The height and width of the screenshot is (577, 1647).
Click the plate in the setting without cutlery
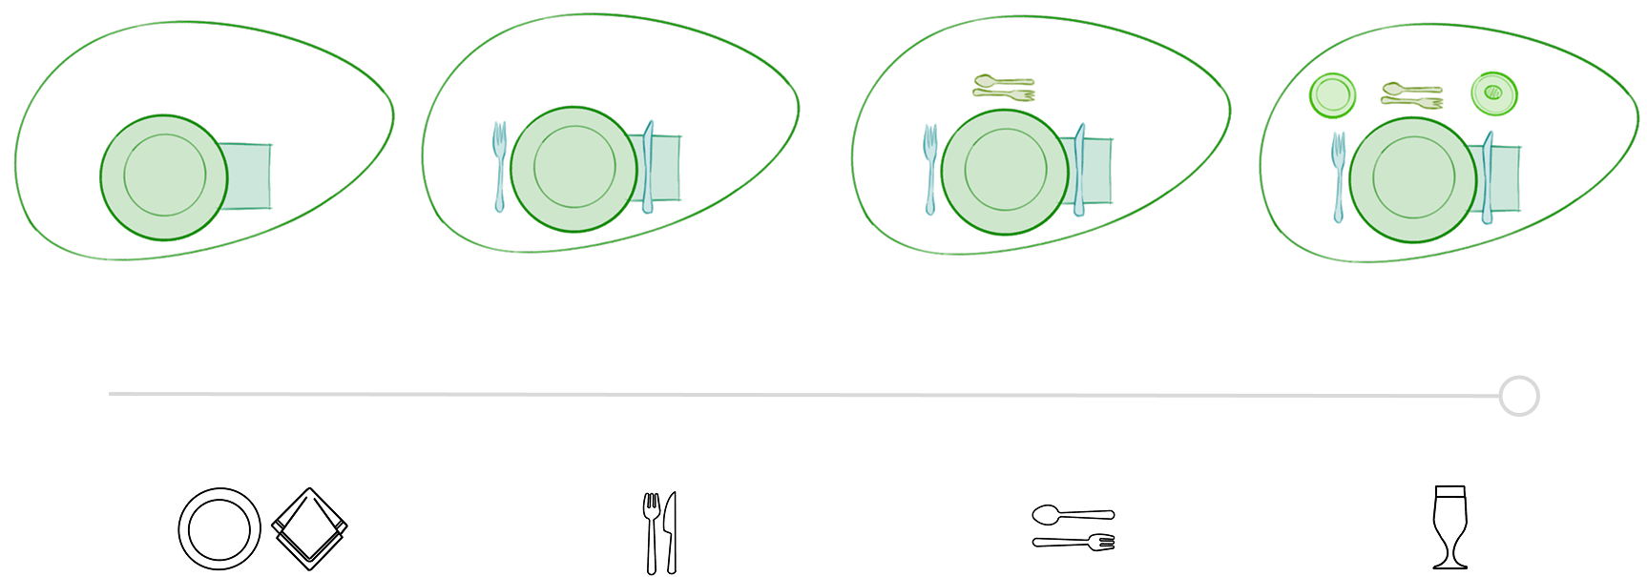pos(164,177)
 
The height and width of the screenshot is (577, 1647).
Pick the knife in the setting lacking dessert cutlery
pos(649,168)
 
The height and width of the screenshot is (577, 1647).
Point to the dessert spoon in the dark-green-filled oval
pos(1002,82)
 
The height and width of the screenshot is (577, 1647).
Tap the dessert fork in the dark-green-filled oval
pos(1002,94)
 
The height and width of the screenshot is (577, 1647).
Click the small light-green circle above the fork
pos(1332,95)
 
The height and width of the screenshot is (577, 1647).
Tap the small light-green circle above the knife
pos(1492,93)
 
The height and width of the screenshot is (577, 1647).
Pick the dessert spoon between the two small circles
pos(1410,88)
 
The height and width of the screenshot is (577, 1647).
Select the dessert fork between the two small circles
pos(1410,99)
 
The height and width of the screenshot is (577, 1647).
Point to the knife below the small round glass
pos(1488,179)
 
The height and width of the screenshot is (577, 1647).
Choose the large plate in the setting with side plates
pos(1413,180)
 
